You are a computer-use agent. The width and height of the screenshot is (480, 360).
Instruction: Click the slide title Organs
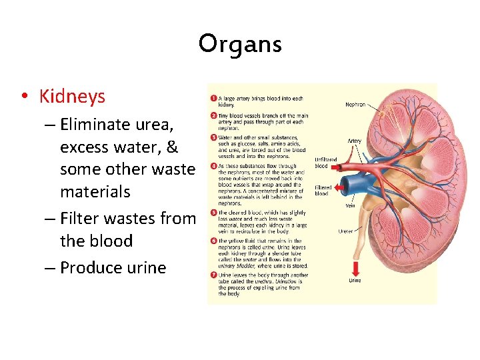click(240, 45)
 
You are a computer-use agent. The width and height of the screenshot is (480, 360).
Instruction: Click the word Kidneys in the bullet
click(72, 97)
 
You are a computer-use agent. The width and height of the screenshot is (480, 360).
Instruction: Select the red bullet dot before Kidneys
click(24, 97)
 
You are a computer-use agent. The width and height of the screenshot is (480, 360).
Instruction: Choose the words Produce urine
click(113, 267)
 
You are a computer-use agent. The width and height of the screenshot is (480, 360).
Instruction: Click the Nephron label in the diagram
click(355, 105)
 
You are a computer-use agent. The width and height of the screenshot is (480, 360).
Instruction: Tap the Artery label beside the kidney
click(355, 141)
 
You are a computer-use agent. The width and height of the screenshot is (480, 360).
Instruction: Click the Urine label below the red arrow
click(355, 281)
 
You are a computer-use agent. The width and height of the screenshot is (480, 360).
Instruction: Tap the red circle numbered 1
click(213, 99)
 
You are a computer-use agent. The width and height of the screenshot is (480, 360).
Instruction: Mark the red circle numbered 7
click(213, 275)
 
